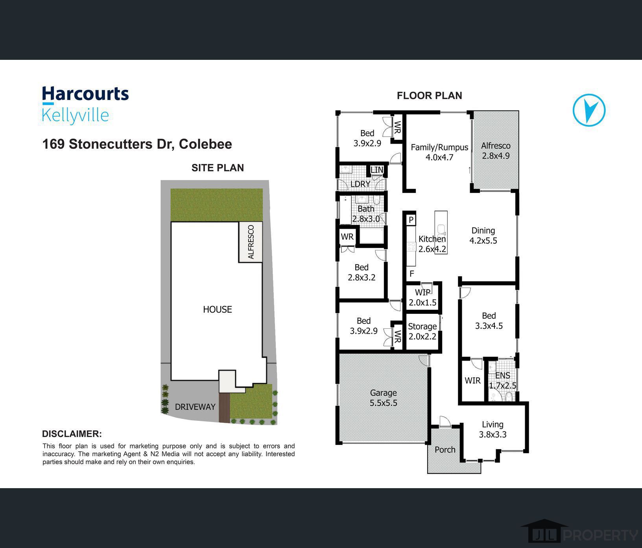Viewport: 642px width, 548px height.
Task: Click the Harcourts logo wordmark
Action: click(x=85, y=94)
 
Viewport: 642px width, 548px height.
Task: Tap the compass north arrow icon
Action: click(x=589, y=110)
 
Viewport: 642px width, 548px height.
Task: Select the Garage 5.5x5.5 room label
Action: click(x=383, y=398)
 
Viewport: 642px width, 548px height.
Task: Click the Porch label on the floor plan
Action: click(x=445, y=450)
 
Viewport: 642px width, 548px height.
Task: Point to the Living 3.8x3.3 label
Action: click(x=493, y=430)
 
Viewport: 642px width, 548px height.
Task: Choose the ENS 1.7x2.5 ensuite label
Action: click(x=502, y=380)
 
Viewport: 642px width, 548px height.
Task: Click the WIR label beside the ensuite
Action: click(x=472, y=380)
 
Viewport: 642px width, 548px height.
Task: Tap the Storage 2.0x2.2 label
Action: click(x=422, y=331)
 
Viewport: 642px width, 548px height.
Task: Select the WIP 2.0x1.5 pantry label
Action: click(x=422, y=298)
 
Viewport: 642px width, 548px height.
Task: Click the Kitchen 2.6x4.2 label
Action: click(x=432, y=244)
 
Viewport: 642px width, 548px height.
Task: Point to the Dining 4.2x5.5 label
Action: click(x=483, y=235)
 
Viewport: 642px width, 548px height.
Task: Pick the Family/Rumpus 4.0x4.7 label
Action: click(x=439, y=152)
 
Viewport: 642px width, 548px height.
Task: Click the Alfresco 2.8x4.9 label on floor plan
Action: click(x=496, y=150)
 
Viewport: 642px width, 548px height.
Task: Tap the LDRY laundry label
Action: click(x=360, y=184)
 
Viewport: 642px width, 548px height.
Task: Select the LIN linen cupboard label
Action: click(x=376, y=170)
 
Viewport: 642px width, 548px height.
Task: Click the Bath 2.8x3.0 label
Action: click(x=366, y=214)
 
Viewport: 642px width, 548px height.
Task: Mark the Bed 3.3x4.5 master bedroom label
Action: click(x=489, y=320)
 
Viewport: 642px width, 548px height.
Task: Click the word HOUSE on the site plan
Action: click(x=217, y=309)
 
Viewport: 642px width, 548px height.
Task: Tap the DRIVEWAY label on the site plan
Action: click(x=195, y=407)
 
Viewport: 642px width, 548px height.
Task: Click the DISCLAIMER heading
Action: click(x=72, y=434)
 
